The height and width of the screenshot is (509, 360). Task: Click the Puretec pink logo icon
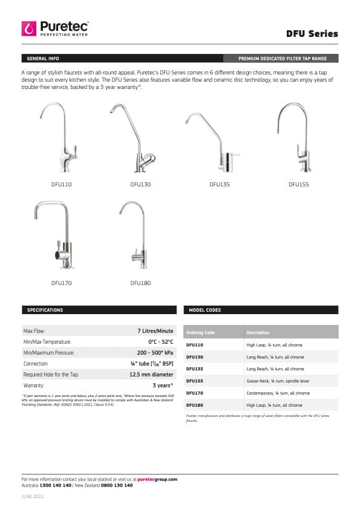tap(29, 28)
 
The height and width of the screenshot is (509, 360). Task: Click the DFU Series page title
tap(312, 34)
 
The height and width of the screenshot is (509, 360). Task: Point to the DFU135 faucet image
tap(218, 142)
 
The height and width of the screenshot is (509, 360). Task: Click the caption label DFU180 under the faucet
tap(140, 283)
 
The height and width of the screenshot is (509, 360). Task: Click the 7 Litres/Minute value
tap(155, 331)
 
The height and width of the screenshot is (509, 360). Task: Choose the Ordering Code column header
tap(200, 332)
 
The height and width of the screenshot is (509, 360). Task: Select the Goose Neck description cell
tap(279, 381)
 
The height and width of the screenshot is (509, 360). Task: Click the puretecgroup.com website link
tap(157, 479)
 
